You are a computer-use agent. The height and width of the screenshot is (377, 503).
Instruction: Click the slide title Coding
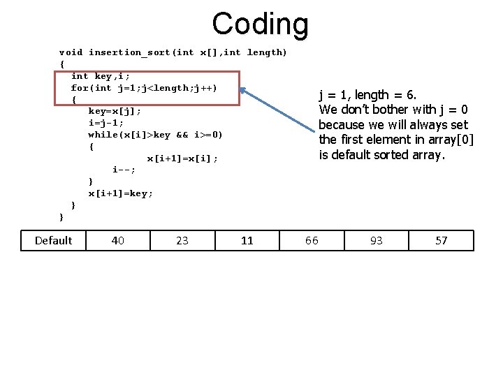point(260,24)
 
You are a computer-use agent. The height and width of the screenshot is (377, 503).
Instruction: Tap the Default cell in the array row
point(53,241)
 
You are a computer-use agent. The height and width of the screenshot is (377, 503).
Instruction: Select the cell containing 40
point(118,241)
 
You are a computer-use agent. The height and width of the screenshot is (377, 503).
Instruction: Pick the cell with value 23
point(182,241)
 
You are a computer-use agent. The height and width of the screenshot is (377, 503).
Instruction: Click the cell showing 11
point(247,241)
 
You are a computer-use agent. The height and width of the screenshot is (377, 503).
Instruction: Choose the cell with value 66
point(312,241)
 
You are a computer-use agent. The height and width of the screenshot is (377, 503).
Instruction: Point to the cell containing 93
point(377,241)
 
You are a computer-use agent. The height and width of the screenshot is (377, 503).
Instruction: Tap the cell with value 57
point(441,241)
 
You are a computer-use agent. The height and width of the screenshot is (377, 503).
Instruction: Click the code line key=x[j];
point(115,111)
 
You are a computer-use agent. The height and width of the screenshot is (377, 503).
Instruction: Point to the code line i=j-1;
point(106,123)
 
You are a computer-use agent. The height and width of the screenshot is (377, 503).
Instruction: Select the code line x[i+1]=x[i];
point(182,158)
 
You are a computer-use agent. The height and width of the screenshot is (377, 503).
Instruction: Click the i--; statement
point(124,170)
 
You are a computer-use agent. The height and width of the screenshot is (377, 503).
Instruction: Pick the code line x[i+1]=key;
point(120,193)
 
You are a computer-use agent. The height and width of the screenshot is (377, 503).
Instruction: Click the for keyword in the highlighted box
point(79,88)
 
